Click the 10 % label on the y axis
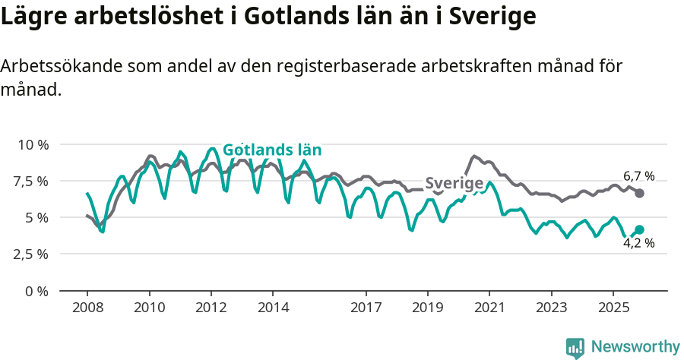click(x=33, y=144)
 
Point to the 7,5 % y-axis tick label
click(x=30, y=181)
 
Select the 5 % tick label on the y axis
click(x=37, y=217)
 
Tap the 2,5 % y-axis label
click(x=30, y=254)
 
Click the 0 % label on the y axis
click(x=37, y=291)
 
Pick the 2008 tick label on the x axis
click(x=87, y=308)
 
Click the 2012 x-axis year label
click(x=211, y=308)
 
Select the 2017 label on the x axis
click(x=366, y=308)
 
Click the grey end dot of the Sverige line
click(x=639, y=194)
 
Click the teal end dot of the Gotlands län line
click(x=639, y=229)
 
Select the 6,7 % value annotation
click(x=638, y=176)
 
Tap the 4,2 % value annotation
click(x=638, y=244)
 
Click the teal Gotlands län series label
click(x=271, y=150)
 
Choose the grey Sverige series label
click(x=454, y=183)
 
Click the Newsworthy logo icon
click(x=575, y=347)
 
